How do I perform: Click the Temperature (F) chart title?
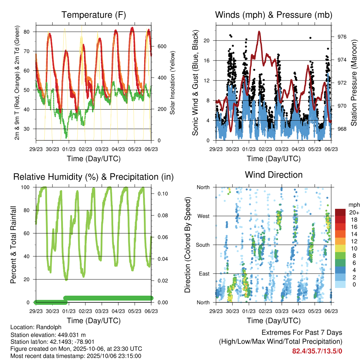point(94,15)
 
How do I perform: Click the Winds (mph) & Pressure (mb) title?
point(274,15)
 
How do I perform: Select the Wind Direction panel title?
point(274,175)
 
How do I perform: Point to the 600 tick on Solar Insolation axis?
point(161,46)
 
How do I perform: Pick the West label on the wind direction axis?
point(203,216)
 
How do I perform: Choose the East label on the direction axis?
point(204,274)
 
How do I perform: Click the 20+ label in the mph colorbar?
point(353,212)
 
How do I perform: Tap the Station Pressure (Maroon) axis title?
point(354,83)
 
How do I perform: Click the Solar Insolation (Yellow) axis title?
point(172,83)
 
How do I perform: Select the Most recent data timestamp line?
point(76,356)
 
